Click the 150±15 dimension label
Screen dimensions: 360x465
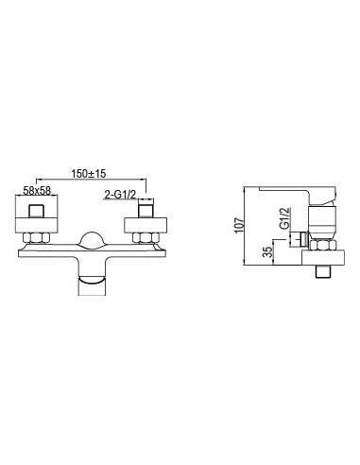89,173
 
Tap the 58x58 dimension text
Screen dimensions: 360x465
37,190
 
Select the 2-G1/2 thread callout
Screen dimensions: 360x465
120,196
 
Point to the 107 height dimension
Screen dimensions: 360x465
240,225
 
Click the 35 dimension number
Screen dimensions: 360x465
268,251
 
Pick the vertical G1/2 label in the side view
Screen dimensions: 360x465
284,218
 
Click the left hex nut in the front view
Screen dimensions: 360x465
36,238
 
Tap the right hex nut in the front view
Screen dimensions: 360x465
146,238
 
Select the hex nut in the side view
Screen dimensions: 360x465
323,246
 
